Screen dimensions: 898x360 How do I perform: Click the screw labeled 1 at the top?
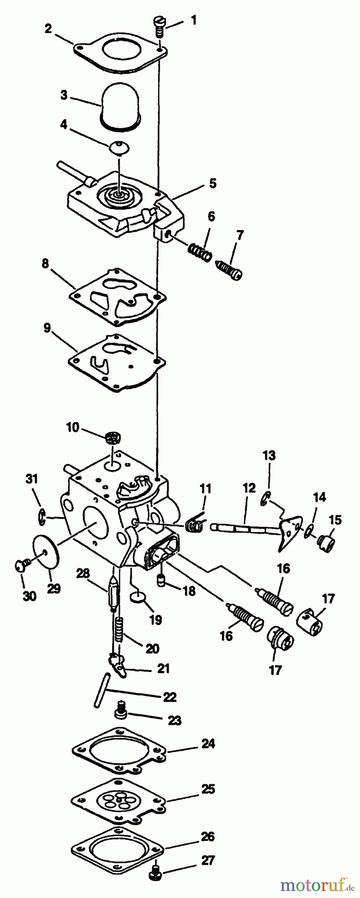pyautogui.click(x=158, y=26)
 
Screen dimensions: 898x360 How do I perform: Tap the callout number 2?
pyautogui.click(x=48, y=28)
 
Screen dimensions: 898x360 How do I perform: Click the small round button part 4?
pyautogui.click(x=120, y=147)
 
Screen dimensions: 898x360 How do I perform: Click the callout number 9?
pyautogui.click(x=47, y=328)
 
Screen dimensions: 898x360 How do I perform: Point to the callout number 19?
pyautogui.click(x=156, y=620)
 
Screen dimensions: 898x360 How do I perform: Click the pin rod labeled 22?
pyautogui.click(x=101, y=690)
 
